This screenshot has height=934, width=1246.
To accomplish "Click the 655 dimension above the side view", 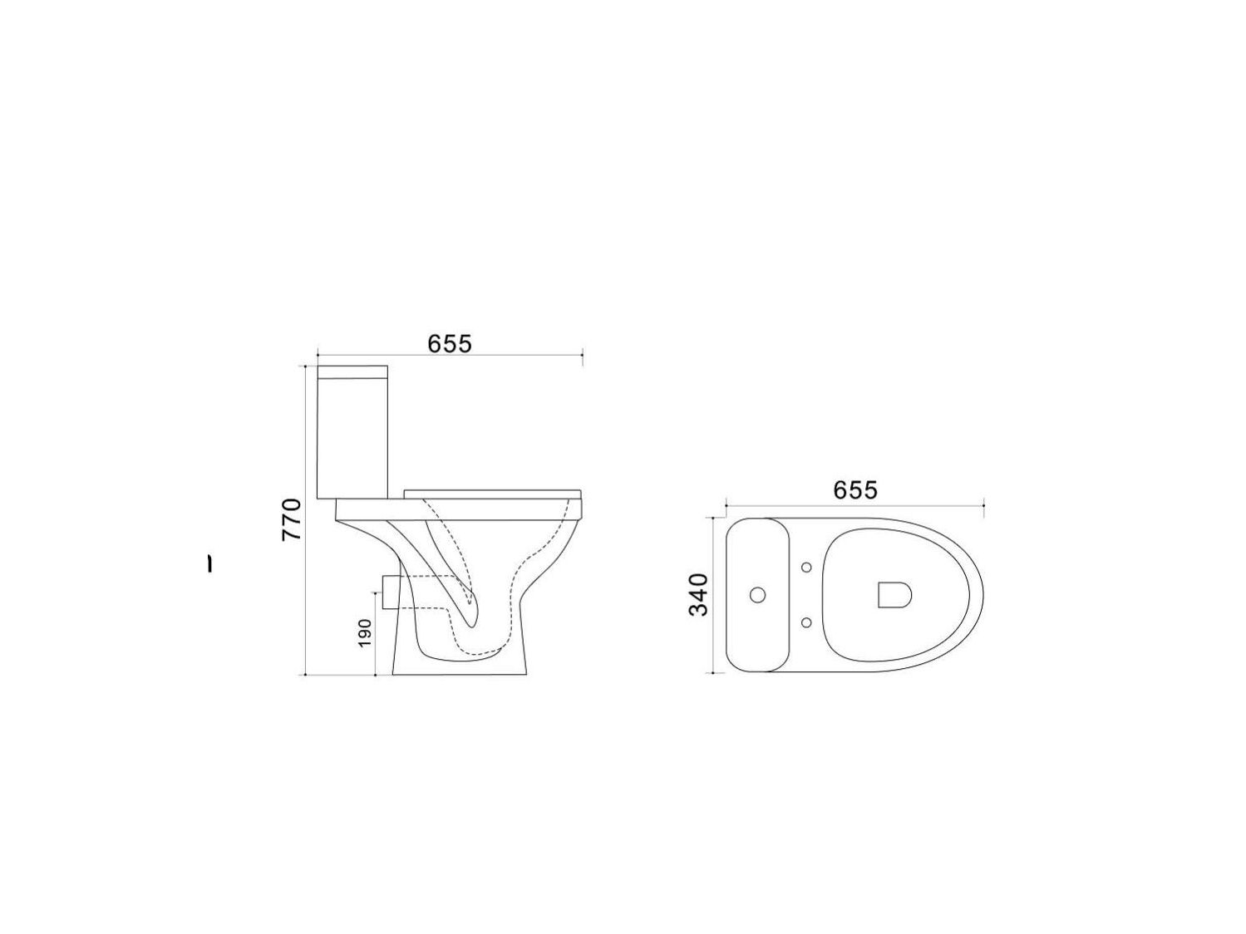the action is pyautogui.click(x=449, y=343).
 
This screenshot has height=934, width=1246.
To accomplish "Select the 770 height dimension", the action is pyautogui.click(x=291, y=519).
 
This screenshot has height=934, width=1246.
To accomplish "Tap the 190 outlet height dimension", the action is pyautogui.click(x=364, y=632).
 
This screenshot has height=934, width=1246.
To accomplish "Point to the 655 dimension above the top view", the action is pyautogui.click(x=854, y=489).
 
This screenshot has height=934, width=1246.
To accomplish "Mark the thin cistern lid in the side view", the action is pyautogui.click(x=352, y=371).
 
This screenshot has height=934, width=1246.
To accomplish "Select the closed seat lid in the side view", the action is pyautogui.click(x=492, y=494).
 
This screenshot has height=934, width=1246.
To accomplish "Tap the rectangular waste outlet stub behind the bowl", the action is pyautogui.click(x=390, y=592).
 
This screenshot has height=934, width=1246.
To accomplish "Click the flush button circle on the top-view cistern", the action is pyautogui.click(x=757, y=595).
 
